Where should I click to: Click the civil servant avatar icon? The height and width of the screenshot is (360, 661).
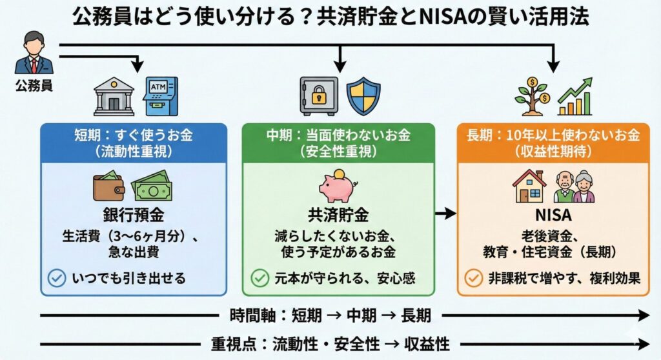tap(34, 54)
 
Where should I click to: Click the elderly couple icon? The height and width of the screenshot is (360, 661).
tap(574, 187)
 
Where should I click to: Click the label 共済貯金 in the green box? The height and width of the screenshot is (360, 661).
tap(338, 214)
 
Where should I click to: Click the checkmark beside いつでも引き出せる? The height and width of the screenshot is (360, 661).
tap(57, 278)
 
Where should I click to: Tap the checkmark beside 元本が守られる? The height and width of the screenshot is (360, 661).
tap(260, 278)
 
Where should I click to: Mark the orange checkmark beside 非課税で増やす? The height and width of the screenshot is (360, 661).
tap(474, 278)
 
